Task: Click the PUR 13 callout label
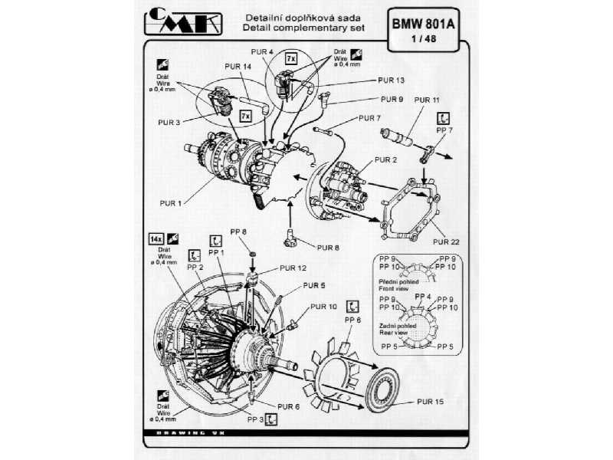click(x=391, y=80)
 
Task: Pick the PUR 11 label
click(x=427, y=100)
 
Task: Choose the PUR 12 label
click(x=292, y=268)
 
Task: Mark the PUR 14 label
click(x=238, y=67)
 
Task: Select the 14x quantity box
click(x=151, y=238)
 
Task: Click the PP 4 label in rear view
click(x=422, y=297)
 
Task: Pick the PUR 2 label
click(x=385, y=159)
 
